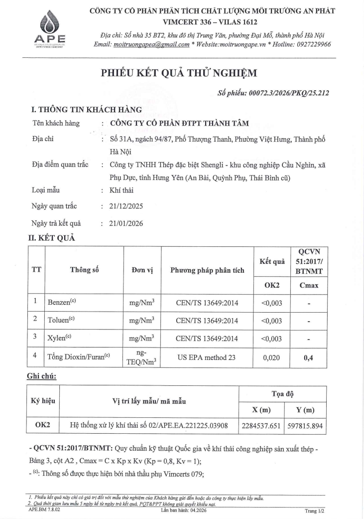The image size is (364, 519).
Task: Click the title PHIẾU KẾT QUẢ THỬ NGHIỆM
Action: tap(179, 73)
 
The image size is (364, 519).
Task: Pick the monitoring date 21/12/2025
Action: tap(126, 206)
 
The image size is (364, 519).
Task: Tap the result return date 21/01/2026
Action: tap(126, 223)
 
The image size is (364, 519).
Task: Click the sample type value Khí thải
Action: tap(121, 190)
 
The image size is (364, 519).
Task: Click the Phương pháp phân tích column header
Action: tap(207, 270)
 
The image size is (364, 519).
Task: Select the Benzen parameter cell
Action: tap(60, 302)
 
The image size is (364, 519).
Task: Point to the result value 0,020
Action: tap(272, 358)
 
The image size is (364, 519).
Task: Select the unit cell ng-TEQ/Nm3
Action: tap(141, 358)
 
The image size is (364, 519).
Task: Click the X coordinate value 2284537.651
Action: tap(260, 426)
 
